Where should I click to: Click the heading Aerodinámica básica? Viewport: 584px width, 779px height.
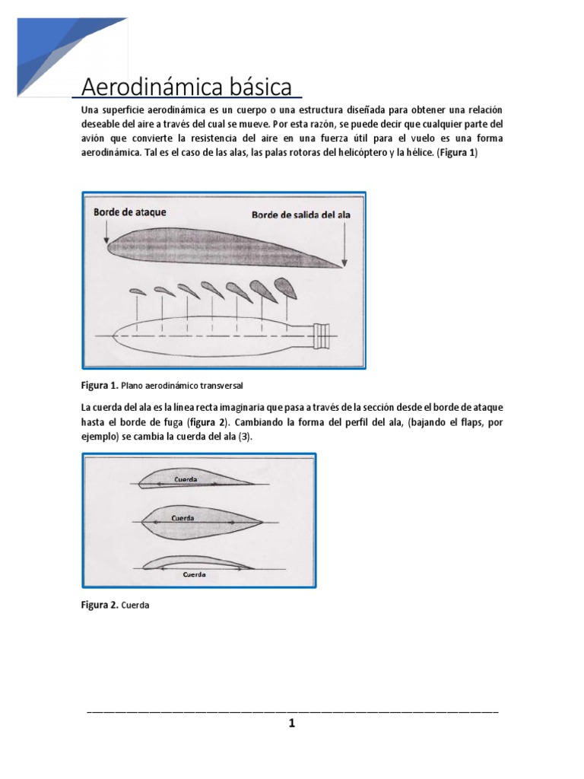tap(186, 87)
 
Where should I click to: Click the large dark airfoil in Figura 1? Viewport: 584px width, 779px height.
tap(221, 247)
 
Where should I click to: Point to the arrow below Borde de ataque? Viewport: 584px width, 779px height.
tap(102, 233)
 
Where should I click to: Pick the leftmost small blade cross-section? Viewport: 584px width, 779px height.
tap(137, 291)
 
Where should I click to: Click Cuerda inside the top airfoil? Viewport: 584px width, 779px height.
tap(186, 480)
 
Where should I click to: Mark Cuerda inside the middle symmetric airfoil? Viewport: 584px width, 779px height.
tap(183, 518)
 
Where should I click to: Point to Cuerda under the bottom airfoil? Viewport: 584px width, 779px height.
tap(195, 575)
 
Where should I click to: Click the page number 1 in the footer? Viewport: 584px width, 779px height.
tap(291, 723)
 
